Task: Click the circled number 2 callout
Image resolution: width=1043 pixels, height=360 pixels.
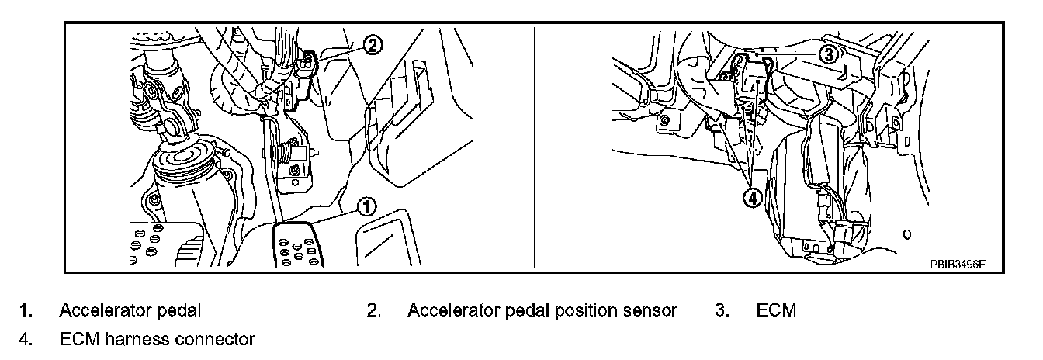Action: click(x=372, y=45)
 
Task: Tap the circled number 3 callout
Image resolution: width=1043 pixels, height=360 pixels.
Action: click(x=829, y=54)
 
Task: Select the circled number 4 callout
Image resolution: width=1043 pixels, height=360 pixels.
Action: click(x=752, y=198)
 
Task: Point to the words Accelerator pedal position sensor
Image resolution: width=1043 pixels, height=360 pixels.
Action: click(x=542, y=311)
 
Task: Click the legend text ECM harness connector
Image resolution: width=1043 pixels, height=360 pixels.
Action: click(x=157, y=339)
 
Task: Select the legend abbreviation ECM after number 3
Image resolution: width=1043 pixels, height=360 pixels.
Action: click(x=776, y=311)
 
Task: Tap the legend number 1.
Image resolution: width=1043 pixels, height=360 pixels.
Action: click(x=26, y=311)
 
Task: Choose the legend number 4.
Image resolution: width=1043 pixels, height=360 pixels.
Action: click(x=26, y=339)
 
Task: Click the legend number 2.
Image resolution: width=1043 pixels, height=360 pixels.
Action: click(x=373, y=311)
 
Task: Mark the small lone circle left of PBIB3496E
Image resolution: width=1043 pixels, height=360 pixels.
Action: click(x=907, y=233)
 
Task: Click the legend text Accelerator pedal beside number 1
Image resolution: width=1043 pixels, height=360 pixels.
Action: click(x=130, y=311)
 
